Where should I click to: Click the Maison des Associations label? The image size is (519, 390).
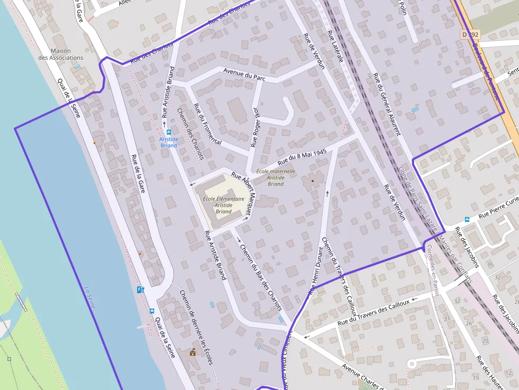pos(60,55)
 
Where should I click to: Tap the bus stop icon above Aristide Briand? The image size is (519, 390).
pos(168,132)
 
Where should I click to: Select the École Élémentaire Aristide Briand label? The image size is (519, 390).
pos(223,205)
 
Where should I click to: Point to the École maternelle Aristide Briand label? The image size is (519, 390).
pos(275,177)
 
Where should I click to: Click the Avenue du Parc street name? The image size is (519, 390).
pos(244,75)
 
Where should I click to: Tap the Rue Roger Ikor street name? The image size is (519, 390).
pos(256,127)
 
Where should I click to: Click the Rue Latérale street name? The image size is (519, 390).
pos(336,46)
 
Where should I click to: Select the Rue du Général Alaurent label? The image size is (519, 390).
pos(387,104)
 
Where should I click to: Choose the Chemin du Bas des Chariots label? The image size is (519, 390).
pos(261,277)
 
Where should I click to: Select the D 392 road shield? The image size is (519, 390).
pos(469,34)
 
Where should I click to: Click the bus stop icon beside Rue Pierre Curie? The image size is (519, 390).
pos(467,219)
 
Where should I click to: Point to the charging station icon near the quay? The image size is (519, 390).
pos(140,289)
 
